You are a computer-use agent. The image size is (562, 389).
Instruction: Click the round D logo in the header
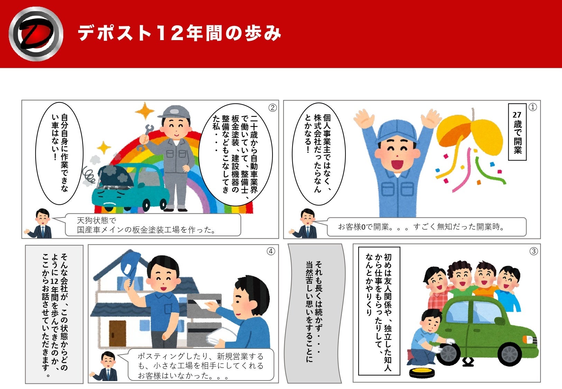(x=36, y=34)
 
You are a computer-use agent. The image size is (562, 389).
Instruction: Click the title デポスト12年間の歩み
(x=179, y=33)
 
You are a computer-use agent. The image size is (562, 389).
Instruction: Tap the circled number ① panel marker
(x=532, y=107)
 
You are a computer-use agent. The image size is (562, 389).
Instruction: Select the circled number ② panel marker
(x=273, y=108)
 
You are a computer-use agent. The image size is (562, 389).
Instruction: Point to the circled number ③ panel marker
(x=533, y=251)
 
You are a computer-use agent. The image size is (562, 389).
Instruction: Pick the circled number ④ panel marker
(x=271, y=251)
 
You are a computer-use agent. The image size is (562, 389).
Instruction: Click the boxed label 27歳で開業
(x=517, y=132)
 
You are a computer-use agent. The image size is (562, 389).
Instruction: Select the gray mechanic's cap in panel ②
(x=174, y=112)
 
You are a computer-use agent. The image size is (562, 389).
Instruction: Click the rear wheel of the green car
(x=509, y=354)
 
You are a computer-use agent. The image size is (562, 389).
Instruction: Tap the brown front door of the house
(x=118, y=333)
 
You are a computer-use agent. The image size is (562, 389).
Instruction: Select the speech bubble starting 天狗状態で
(x=153, y=225)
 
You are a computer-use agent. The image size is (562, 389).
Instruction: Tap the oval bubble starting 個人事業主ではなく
(x=319, y=154)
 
